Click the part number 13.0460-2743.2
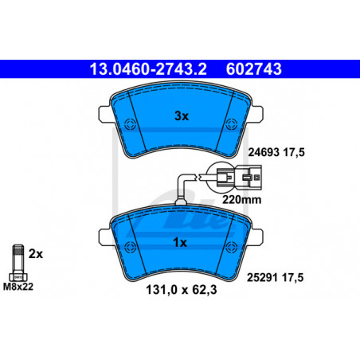pyautogui.click(x=148, y=69)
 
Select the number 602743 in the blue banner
pyautogui.click(x=253, y=69)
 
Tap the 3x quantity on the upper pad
pyautogui.click(x=182, y=116)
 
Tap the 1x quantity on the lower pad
pyautogui.click(x=180, y=243)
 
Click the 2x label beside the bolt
pyautogui.click(x=36, y=254)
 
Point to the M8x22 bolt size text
pyautogui.click(x=18, y=287)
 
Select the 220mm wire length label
pyautogui.click(x=241, y=199)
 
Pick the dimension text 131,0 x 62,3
pyautogui.click(x=182, y=290)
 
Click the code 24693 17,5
pyautogui.click(x=276, y=152)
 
